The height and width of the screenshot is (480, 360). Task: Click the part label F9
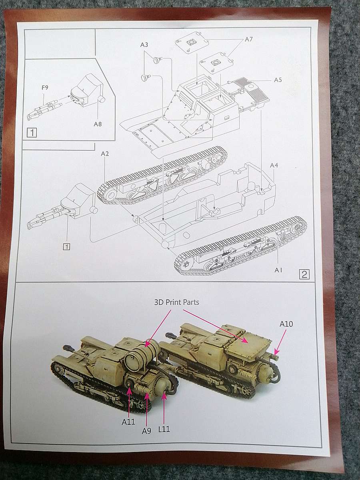pos(45,88)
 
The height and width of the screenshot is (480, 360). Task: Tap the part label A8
pos(98,124)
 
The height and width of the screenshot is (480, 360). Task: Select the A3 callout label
pos(144,45)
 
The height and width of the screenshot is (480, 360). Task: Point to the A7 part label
pos(249,39)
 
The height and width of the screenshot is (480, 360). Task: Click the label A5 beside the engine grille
pos(278,80)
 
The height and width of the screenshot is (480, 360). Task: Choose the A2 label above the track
pos(105,154)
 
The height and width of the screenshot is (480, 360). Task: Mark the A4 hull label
pos(274,166)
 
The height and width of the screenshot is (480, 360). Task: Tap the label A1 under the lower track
pos(278,270)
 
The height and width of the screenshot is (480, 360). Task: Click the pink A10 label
pos(286,324)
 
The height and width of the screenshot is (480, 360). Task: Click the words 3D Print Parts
pos(177,302)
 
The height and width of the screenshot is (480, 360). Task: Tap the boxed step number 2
pos(304,274)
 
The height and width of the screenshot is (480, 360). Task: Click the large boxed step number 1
pos(32,132)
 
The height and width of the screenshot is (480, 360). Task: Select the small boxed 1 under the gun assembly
pos(67,247)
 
